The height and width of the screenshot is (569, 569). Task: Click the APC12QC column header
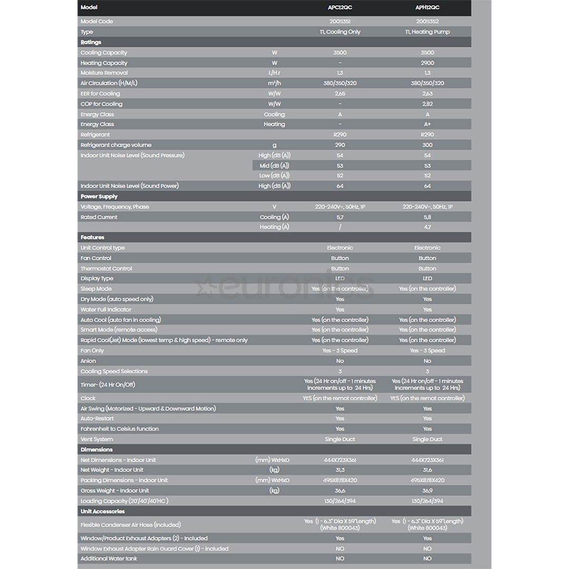point(340,7)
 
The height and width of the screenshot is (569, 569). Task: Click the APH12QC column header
point(427,7)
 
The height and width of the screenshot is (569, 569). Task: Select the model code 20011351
point(340,22)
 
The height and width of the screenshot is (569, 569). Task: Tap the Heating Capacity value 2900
point(427,63)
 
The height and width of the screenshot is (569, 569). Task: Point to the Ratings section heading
point(91,42)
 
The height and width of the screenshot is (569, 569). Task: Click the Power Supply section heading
point(100,197)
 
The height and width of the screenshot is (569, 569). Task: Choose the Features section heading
point(93,238)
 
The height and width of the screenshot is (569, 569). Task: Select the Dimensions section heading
point(97,449)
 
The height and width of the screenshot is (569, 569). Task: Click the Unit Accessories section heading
point(103,512)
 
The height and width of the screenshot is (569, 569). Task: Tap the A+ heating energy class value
point(427,124)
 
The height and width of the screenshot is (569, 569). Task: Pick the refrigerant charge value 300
point(427,145)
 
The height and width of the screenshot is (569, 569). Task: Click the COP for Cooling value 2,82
point(427,104)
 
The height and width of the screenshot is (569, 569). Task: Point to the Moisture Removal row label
point(104,73)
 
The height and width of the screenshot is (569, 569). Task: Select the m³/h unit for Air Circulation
point(274,83)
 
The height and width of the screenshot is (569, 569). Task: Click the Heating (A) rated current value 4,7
point(427,227)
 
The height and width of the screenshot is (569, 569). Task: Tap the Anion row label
point(89,361)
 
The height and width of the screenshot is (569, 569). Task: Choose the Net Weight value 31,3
point(340,470)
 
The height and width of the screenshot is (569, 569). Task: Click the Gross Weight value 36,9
point(427,490)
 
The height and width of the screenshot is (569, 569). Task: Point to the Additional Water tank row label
point(109,558)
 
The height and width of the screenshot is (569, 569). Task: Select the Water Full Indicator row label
point(106,309)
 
